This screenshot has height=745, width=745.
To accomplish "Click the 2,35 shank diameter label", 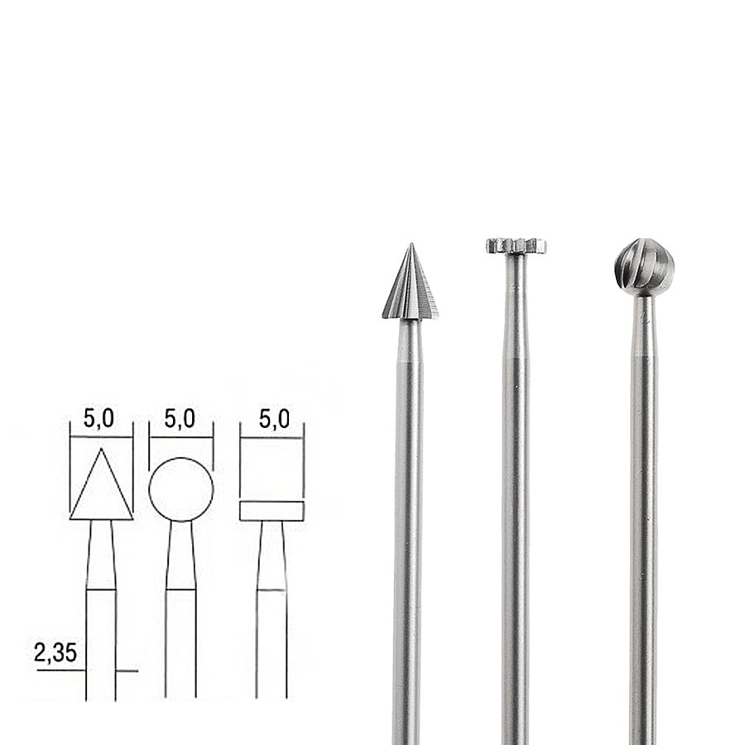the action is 55,653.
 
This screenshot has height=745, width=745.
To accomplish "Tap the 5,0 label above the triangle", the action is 99,419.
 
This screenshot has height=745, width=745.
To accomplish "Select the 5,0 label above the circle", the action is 180,419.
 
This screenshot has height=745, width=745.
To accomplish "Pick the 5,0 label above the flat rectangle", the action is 274,419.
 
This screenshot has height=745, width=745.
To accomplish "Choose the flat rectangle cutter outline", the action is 272,502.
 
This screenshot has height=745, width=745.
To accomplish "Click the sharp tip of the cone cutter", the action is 411,243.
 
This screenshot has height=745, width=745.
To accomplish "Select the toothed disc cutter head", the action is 516,246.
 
